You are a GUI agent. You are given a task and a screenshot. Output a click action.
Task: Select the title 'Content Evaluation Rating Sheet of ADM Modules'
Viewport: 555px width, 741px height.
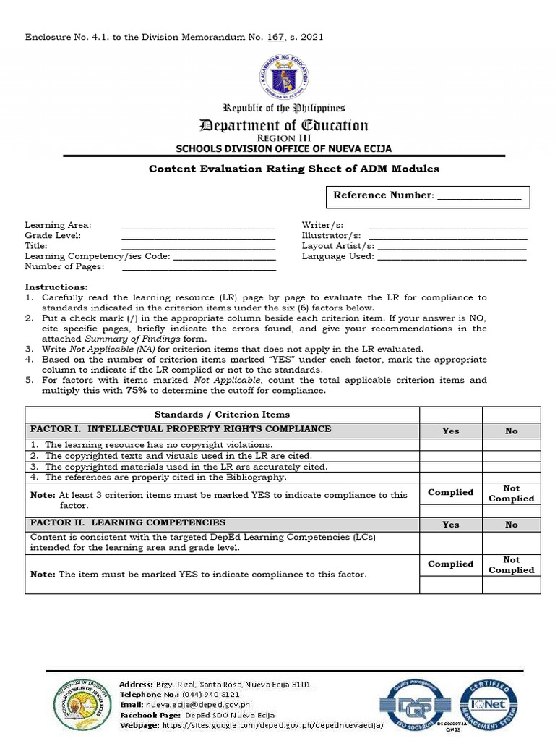pyautogui.click(x=293, y=169)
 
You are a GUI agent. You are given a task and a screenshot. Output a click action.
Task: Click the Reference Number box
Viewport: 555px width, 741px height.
pyautogui.click(x=430, y=196)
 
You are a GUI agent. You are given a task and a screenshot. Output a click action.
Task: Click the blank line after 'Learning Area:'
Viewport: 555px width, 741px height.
pyautogui.click(x=199, y=226)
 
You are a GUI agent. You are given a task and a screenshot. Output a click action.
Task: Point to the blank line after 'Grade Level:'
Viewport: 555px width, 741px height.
pyautogui.click(x=199, y=236)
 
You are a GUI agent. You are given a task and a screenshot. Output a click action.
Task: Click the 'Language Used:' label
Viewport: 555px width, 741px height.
pyautogui.click(x=337, y=256)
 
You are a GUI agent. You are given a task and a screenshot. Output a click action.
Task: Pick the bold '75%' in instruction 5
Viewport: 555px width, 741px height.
pyautogui.click(x=137, y=390)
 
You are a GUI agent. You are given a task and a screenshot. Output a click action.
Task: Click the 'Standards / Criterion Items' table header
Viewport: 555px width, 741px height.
pyautogui.click(x=222, y=415)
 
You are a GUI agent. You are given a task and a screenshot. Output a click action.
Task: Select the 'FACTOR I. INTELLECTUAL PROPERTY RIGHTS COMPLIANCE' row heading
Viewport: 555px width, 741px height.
pyautogui.click(x=180, y=429)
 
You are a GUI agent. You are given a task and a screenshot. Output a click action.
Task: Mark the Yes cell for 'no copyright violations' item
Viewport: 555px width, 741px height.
pyautogui.click(x=450, y=445)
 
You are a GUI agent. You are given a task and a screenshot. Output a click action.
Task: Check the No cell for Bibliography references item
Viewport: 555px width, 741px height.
pyautogui.click(x=511, y=477)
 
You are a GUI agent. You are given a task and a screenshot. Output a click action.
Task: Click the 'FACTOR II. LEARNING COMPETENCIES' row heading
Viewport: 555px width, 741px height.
pyautogui.click(x=127, y=522)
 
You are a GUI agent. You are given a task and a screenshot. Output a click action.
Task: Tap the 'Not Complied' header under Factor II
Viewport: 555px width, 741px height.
pyautogui.click(x=511, y=564)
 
